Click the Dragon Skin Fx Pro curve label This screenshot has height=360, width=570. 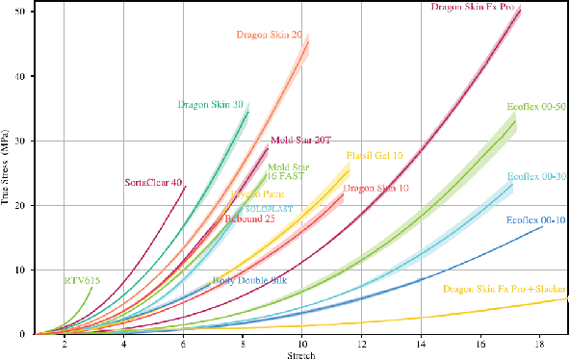[x=474, y=8]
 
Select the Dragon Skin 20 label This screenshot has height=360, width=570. [x=270, y=35]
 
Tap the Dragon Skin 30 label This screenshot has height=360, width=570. [x=210, y=104]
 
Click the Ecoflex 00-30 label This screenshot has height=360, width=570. [x=536, y=177]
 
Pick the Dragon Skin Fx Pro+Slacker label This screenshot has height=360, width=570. [x=505, y=287]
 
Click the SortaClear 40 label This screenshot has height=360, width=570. [x=153, y=183]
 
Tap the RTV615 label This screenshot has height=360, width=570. [x=82, y=280]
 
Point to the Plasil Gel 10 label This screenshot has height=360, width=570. [x=375, y=155]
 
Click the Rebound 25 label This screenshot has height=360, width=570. [x=250, y=219]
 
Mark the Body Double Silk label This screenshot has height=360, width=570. [x=249, y=281]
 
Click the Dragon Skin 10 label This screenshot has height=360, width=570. [x=376, y=188]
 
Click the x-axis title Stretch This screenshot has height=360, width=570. [x=301, y=354]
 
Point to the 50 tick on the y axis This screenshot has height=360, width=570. [x=25, y=12]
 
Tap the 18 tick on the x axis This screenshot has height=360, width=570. [x=538, y=344]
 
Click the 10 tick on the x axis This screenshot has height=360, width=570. [x=301, y=344]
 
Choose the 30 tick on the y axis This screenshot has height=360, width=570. [x=25, y=141]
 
